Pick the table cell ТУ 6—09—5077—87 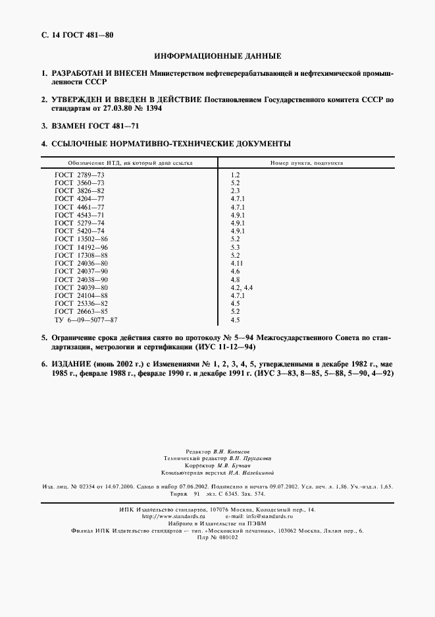point(86,320)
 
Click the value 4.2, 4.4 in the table point(242,288)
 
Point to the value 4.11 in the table point(238,263)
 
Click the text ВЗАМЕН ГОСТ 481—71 point(95,125)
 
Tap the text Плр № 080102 point(217,537)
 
